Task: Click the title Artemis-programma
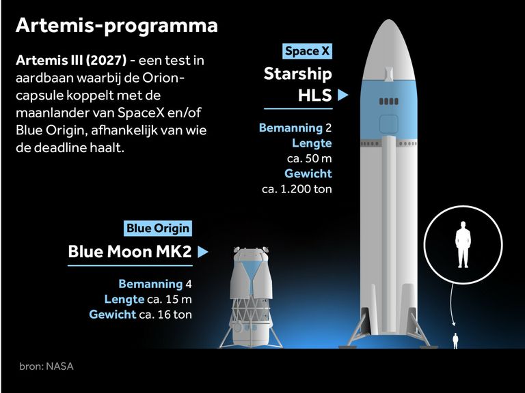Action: [117, 26]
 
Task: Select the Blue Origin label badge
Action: [158, 229]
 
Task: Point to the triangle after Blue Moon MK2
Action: [202, 252]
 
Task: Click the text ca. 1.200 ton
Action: [297, 189]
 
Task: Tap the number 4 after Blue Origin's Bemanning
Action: [188, 284]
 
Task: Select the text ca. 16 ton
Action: [165, 315]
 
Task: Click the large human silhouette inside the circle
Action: [463, 244]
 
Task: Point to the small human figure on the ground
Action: [455, 340]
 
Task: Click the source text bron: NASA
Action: [46, 366]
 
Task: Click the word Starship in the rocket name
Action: [297, 74]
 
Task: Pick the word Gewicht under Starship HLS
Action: [308, 173]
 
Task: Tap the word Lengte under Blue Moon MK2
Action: [124, 300]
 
